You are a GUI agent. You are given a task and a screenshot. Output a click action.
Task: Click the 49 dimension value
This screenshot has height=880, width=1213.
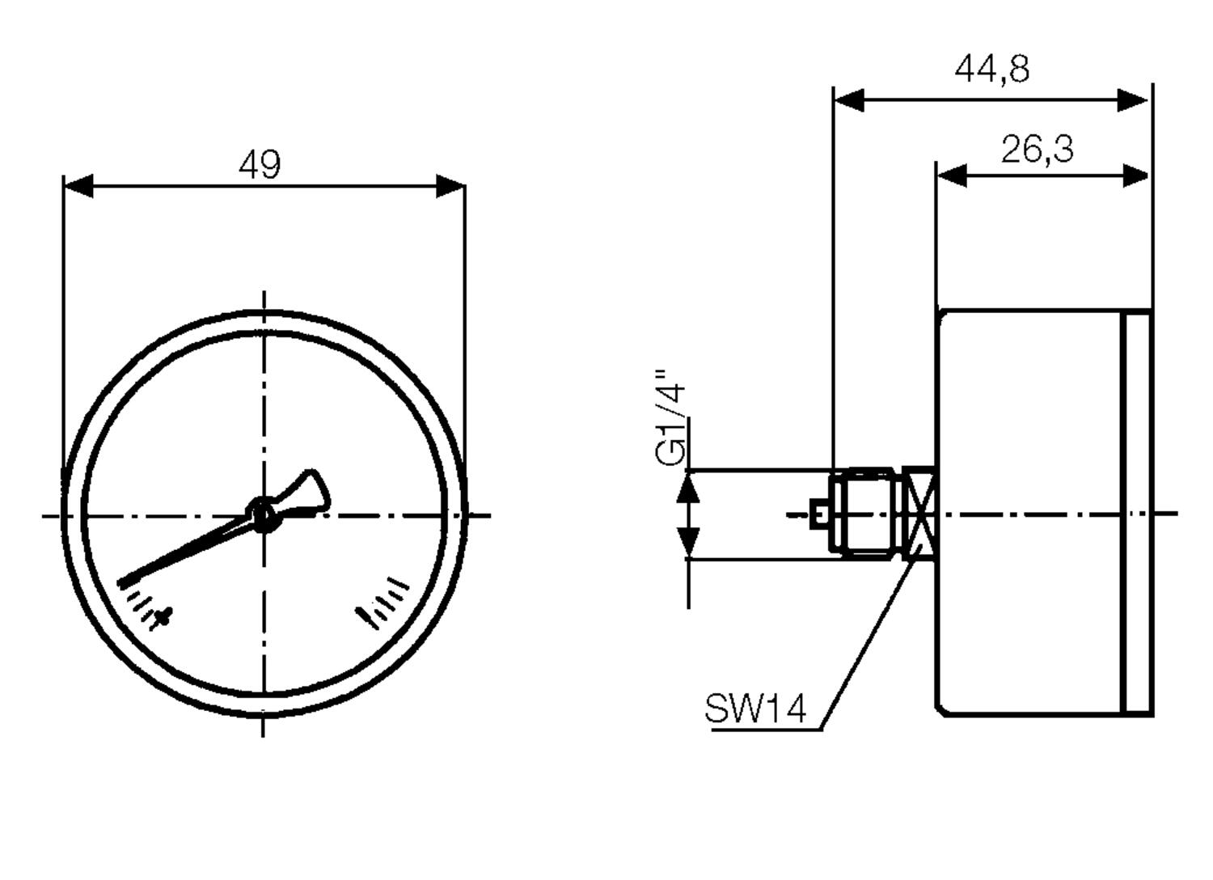[260, 165]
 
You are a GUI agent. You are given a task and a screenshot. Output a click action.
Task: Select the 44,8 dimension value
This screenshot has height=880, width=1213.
[992, 69]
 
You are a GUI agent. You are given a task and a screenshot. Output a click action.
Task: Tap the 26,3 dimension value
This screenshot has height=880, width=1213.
[1038, 150]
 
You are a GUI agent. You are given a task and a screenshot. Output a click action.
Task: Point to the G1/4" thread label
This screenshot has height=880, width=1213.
[671, 418]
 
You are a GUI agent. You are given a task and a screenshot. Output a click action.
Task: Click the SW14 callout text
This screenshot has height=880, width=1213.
[755, 709]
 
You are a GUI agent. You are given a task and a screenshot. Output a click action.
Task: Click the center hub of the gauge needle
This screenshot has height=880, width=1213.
[262, 514]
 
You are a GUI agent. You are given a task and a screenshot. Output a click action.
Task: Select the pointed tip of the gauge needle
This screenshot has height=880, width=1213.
[124, 582]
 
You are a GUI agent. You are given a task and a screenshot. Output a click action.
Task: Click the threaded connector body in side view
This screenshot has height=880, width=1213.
[865, 513]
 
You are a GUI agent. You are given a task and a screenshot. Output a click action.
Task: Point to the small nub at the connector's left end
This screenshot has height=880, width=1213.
[819, 514]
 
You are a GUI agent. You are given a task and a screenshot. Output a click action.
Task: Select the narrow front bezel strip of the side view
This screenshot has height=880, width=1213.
[1138, 514]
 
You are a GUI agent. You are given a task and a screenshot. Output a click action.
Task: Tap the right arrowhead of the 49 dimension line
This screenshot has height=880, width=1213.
[450, 186]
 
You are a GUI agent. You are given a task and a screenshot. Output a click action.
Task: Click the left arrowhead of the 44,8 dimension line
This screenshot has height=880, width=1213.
[849, 101]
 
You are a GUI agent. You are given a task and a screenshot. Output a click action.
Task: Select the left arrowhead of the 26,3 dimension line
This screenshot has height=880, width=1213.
[953, 175]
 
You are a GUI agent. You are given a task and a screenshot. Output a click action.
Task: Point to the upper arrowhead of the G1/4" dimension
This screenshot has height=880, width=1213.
[688, 487]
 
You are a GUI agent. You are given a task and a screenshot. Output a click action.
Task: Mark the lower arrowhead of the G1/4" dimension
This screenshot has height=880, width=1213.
[688, 539]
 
